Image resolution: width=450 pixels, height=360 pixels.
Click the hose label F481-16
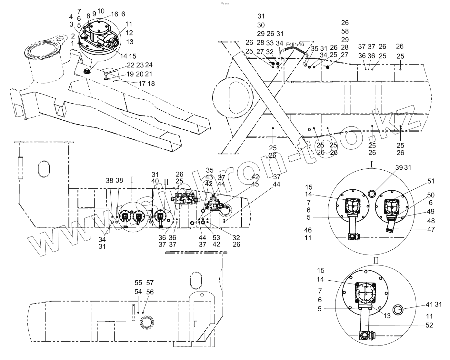[295, 45]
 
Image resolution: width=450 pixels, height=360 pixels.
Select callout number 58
[345, 31]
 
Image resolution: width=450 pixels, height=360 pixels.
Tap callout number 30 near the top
[261, 25]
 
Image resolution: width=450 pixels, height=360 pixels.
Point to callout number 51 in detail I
[431, 181]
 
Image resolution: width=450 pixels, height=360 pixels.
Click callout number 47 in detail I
[431, 229]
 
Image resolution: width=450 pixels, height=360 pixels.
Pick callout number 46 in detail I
[308, 230]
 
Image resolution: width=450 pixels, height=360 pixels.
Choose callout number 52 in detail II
[429, 325]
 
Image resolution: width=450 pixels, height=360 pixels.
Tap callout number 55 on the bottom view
[138, 283]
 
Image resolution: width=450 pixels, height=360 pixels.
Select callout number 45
[255, 185]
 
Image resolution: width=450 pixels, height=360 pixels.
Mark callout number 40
[155, 181]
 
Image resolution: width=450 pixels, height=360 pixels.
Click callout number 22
[131, 65]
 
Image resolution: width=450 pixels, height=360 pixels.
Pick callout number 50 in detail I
[431, 195]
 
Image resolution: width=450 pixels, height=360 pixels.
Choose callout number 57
[150, 283]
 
